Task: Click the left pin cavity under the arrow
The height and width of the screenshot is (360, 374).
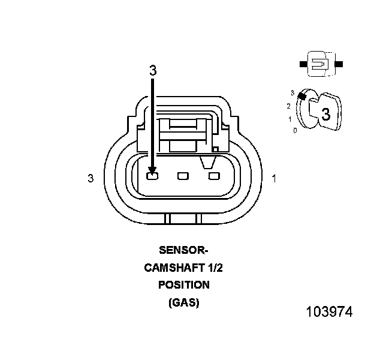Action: (152, 176)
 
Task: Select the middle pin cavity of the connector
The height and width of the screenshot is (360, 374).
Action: (183, 176)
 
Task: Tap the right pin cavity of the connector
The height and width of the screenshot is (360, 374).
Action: (213, 176)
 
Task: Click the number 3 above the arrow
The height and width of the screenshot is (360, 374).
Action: (153, 70)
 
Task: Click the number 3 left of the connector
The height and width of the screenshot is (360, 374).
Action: (91, 178)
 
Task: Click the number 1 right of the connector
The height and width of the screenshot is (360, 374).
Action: (274, 178)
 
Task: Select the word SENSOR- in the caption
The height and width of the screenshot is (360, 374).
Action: (183, 250)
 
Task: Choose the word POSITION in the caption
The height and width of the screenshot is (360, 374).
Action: (183, 285)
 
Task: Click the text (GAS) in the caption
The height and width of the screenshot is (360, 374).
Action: (183, 302)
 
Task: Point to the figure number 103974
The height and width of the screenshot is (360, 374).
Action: (329, 312)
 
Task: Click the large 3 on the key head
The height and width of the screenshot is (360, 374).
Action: (325, 114)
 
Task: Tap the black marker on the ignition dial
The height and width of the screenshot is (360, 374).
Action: (302, 95)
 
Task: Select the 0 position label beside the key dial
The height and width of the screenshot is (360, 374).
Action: (295, 130)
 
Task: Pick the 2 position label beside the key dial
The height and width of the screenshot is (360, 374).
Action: (288, 106)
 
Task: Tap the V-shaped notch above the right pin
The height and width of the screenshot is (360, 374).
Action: (209, 161)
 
